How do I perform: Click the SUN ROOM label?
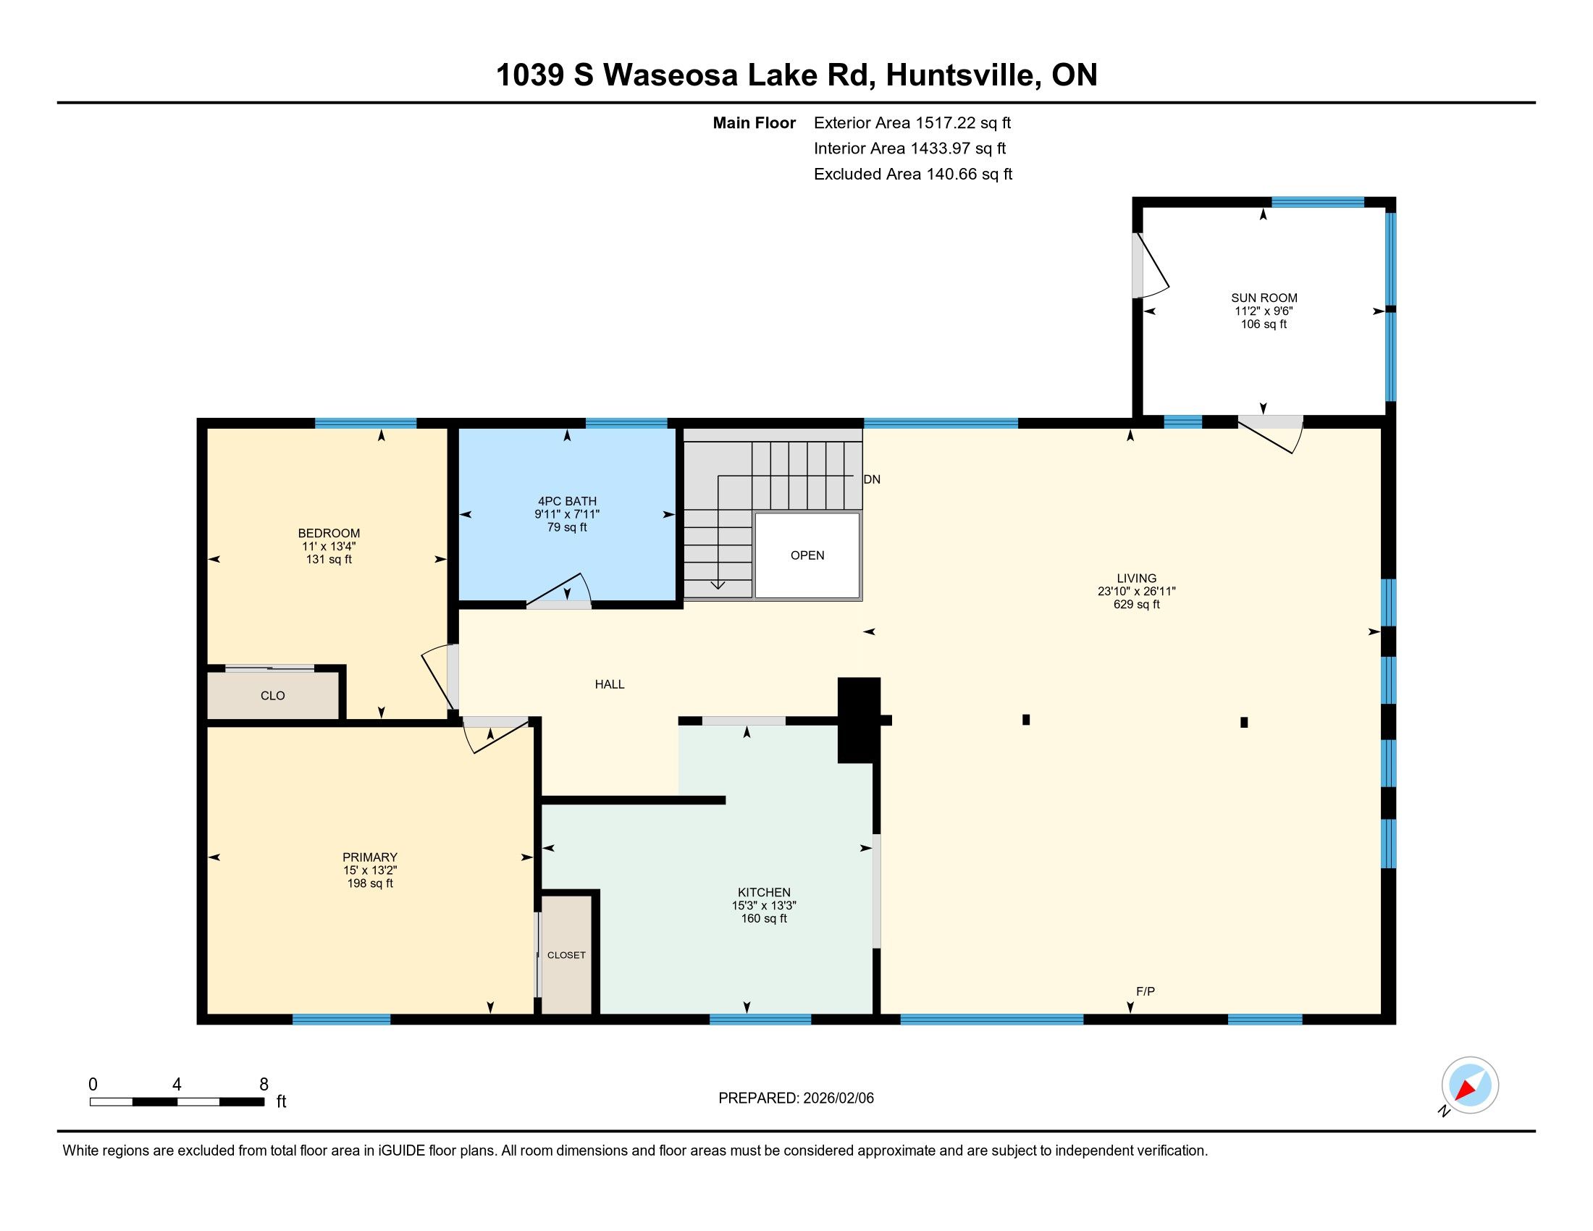(x=1264, y=298)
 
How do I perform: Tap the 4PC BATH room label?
(x=567, y=501)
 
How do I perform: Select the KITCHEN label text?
(x=764, y=892)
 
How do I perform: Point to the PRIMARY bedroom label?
(x=370, y=857)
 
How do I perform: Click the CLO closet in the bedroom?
(x=273, y=696)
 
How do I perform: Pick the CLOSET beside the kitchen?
(x=567, y=954)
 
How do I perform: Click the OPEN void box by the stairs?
(x=807, y=555)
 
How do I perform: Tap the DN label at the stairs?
(x=872, y=479)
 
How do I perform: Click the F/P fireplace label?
(x=1146, y=991)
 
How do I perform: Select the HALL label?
(x=610, y=684)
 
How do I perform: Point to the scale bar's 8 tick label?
(x=264, y=1085)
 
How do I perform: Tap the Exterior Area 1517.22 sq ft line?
(x=912, y=122)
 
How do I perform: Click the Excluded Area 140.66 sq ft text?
(x=913, y=174)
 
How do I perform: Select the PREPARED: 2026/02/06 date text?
(x=796, y=1098)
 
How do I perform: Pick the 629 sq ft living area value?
(x=1136, y=604)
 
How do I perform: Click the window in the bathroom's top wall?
(x=626, y=423)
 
